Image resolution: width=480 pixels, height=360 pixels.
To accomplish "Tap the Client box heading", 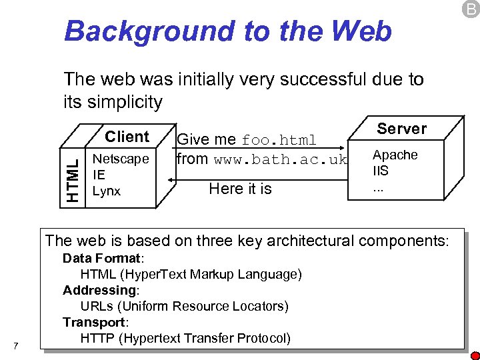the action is coord(127,137).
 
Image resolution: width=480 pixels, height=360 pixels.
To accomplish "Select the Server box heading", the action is coord(401,128).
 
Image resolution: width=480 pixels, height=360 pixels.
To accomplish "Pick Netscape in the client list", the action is coord(120,159).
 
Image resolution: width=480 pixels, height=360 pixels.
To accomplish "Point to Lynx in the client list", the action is coord(106,191).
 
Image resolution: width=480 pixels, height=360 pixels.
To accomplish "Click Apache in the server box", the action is coord(395,155).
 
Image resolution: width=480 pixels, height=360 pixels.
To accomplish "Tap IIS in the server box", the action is coord(380,171).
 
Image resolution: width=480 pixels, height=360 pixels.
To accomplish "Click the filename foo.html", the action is coord(279,141).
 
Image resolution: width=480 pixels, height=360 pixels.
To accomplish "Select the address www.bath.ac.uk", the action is coord(281,160).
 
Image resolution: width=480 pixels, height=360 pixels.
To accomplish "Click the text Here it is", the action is coord(240,189).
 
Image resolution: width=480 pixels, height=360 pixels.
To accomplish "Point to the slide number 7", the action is coord(16,345).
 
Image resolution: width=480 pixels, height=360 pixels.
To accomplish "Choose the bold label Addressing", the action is coord(99,290).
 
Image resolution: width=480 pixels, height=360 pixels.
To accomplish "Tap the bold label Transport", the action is coord(95,322).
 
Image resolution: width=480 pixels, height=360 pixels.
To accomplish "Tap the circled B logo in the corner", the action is coord(471,9).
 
